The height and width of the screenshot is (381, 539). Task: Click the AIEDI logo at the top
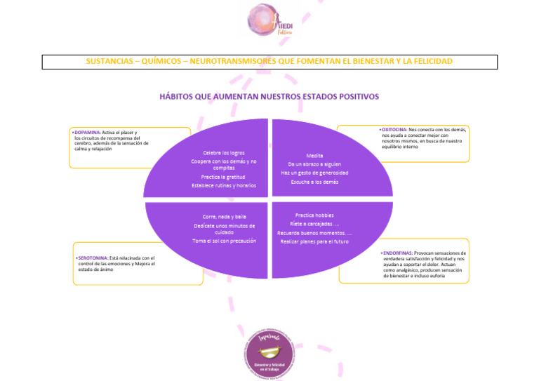pyautogui.click(x=269, y=20)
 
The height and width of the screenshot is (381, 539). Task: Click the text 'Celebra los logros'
pyautogui.click(x=224, y=153)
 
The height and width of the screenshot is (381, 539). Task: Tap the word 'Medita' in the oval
pyautogui.click(x=314, y=155)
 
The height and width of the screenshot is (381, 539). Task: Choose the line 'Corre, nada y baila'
pyautogui.click(x=224, y=217)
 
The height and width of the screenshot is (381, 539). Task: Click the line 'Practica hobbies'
pyautogui.click(x=314, y=215)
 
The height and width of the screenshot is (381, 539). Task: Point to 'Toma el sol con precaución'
pyautogui.click(x=224, y=241)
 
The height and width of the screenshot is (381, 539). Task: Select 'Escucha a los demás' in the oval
pyautogui.click(x=314, y=182)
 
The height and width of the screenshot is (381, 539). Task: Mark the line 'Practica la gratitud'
pyautogui.click(x=224, y=177)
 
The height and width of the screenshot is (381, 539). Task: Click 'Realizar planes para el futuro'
pyautogui.click(x=314, y=241)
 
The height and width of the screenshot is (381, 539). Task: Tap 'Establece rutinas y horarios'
pyautogui.click(x=224, y=185)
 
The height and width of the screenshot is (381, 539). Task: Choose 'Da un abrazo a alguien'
pyautogui.click(x=314, y=164)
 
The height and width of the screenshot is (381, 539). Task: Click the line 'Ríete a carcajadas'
pyautogui.click(x=313, y=224)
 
